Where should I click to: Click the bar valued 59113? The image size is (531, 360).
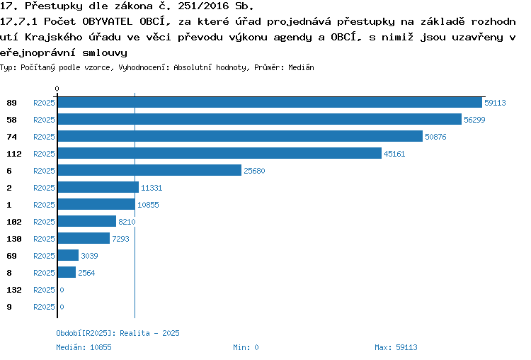tap(270, 102)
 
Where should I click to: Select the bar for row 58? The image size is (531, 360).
tap(260, 119)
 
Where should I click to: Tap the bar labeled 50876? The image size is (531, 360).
tap(240, 136)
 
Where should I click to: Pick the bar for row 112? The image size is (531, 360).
tap(219, 153)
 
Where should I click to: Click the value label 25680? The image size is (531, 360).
tap(254, 171)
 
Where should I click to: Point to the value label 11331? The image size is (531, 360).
tap(152, 188)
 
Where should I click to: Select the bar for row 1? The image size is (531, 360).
tap(96, 204)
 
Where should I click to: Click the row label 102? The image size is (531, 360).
tap(14, 222)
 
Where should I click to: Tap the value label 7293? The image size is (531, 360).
tap(120, 239)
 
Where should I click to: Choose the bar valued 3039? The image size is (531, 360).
tap(68, 255)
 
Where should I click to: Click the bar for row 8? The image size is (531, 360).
tap(67, 272)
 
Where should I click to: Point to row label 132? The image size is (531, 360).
tap(14, 290)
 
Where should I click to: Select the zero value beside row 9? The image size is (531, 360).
tap(62, 307)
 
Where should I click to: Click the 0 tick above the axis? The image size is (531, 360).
tap(57, 89)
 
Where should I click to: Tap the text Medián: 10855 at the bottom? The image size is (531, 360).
tap(84, 347)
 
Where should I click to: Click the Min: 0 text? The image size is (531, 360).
tap(246, 347)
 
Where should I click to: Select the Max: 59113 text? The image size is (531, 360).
tap(396, 347)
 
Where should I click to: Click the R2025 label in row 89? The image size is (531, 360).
tap(44, 103)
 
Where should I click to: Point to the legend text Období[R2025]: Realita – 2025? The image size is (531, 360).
tap(118, 333)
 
